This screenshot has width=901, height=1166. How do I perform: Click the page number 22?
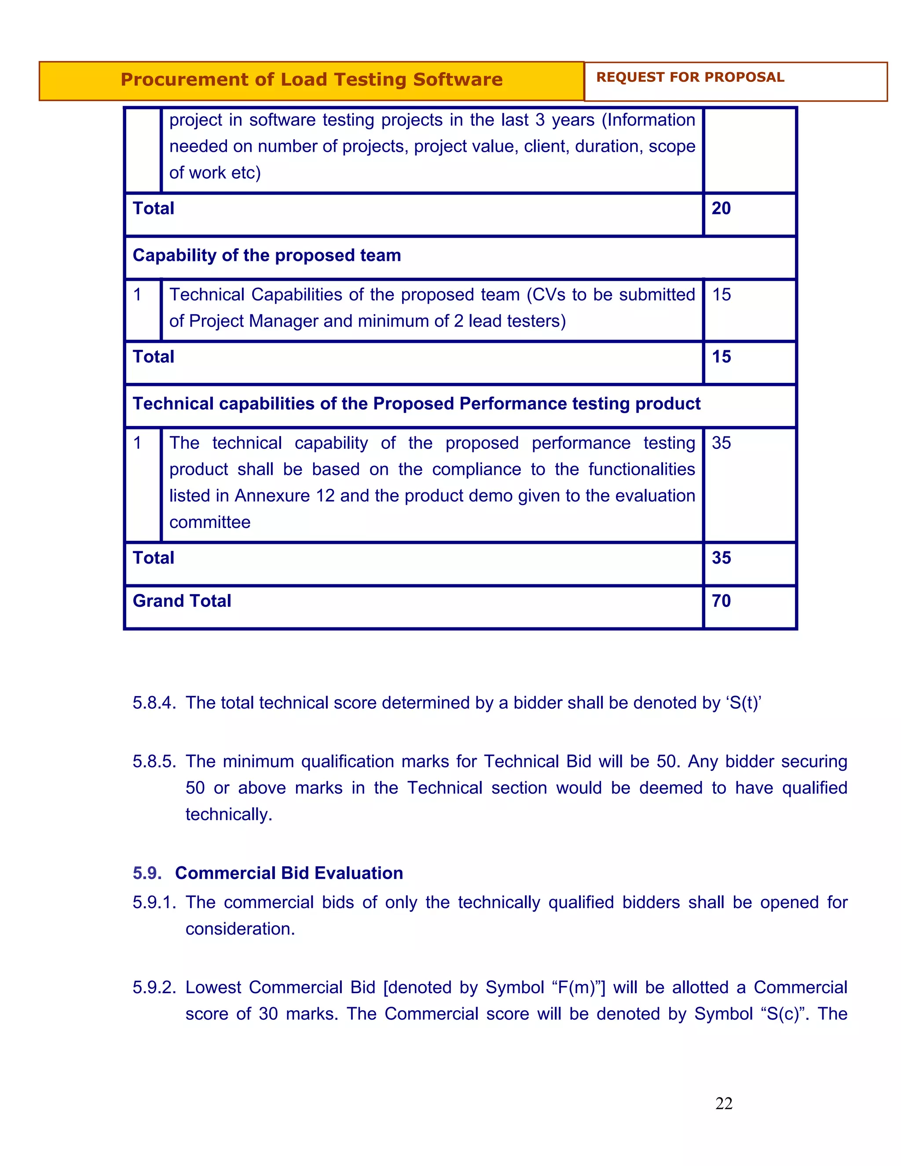click(x=723, y=1104)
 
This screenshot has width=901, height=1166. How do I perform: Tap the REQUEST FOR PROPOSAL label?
click(x=690, y=77)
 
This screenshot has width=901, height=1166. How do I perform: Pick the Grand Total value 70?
click(x=721, y=601)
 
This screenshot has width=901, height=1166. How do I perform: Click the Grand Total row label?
click(x=182, y=601)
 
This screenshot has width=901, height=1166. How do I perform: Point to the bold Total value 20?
click(x=721, y=208)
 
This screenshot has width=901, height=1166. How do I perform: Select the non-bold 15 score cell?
click(x=721, y=295)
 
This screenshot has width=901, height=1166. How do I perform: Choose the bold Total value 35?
click(x=721, y=558)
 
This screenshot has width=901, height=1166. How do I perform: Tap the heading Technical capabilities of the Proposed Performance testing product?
click(x=416, y=403)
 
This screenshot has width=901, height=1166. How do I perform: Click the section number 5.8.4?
click(x=154, y=703)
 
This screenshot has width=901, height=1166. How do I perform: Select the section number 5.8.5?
click(x=154, y=761)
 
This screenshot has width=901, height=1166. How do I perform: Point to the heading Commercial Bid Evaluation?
click(x=289, y=873)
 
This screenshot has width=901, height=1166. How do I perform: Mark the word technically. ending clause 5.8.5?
click(x=228, y=814)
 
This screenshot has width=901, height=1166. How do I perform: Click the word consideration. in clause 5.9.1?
click(x=240, y=928)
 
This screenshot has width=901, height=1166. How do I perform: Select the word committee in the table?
click(x=210, y=522)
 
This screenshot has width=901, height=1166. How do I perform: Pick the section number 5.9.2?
click(x=154, y=987)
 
